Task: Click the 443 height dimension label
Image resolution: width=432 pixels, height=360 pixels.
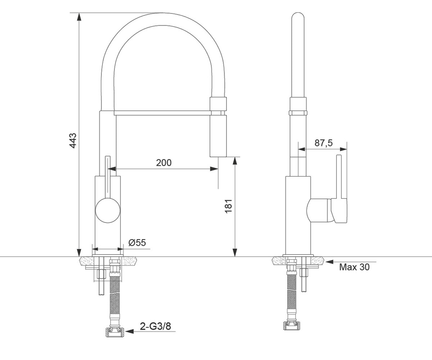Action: click(x=73, y=141)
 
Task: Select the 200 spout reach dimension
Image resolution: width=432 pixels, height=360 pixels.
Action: click(x=164, y=163)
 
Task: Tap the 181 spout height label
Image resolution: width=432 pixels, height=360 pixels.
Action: click(x=229, y=206)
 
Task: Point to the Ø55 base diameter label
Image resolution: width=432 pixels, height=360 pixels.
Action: click(x=137, y=243)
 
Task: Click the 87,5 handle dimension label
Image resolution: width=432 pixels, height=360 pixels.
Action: click(x=324, y=143)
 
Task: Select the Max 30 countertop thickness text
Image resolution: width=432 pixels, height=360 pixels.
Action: click(x=354, y=267)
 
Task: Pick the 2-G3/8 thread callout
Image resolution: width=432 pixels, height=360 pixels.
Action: click(x=156, y=326)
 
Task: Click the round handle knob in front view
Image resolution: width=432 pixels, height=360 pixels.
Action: click(x=108, y=210)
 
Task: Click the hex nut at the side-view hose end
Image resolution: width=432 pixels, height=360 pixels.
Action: click(x=292, y=326)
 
